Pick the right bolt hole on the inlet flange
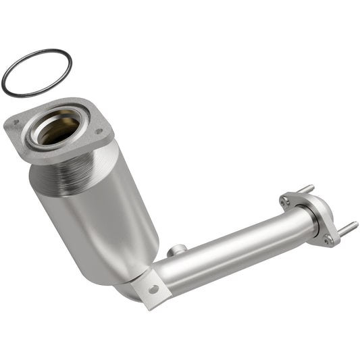(x=99, y=132)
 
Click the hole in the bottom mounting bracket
(x=154, y=289)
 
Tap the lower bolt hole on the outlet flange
(x=328, y=238)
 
